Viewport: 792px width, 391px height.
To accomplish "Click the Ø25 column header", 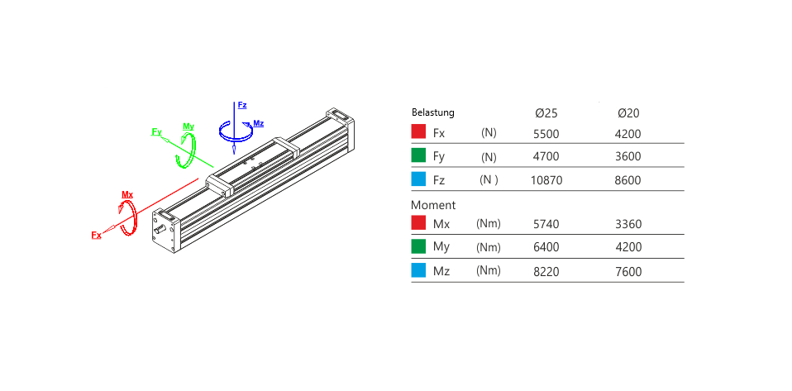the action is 546,113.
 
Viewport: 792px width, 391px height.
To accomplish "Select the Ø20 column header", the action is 628,113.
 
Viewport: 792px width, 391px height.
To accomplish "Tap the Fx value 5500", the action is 546,134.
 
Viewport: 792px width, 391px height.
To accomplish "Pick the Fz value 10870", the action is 546,180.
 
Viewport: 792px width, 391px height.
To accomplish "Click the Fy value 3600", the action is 627,156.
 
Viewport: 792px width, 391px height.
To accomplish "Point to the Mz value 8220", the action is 546,272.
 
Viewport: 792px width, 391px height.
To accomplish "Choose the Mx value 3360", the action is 627,224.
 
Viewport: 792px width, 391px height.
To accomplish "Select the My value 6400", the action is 546,247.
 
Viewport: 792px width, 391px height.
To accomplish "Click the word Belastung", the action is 433,112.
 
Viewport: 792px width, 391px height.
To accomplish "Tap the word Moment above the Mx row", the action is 433,206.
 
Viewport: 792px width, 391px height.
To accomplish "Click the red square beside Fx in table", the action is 418,132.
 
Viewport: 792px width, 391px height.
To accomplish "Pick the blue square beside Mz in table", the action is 418,270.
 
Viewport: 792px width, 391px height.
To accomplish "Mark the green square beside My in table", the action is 418,246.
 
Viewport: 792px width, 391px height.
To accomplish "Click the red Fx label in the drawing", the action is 96,235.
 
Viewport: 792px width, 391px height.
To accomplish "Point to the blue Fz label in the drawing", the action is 242,105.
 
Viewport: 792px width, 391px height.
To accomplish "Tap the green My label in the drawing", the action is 188,126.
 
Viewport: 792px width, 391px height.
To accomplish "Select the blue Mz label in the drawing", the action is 259,123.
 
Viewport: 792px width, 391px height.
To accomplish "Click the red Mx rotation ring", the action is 136,217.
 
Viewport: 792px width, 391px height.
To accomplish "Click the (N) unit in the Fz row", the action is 489,180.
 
